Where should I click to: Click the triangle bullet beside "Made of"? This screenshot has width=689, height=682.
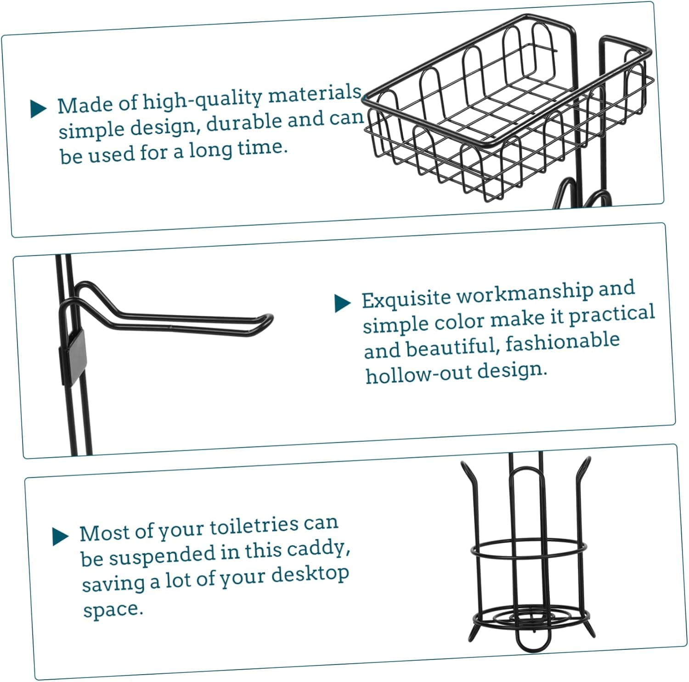pyautogui.click(x=39, y=109)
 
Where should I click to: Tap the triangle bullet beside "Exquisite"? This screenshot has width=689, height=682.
pyautogui.click(x=343, y=303)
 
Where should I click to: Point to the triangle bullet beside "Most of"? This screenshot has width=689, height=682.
pyautogui.click(x=61, y=537)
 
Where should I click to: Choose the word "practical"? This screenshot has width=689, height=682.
pyautogui.click(x=612, y=315)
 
